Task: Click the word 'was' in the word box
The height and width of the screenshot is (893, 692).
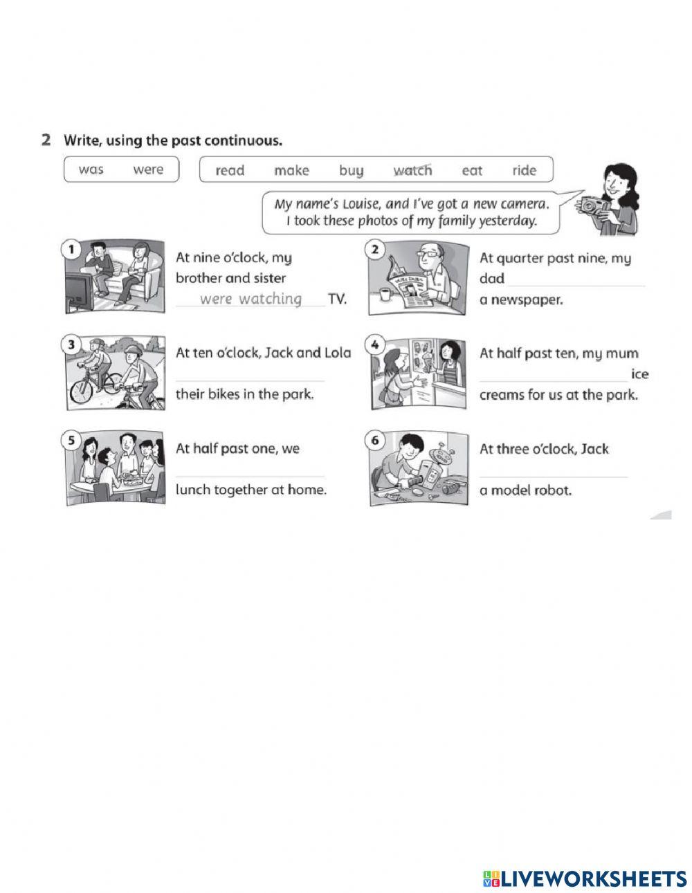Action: pyautogui.click(x=91, y=169)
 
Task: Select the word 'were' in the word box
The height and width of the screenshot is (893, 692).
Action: pyautogui.click(x=148, y=169)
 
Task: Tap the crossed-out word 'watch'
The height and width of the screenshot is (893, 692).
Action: pyautogui.click(x=412, y=170)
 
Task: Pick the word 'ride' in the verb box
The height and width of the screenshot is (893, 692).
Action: pyautogui.click(x=524, y=170)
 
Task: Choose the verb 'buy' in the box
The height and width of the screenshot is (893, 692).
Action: pyautogui.click(x=351, y=170)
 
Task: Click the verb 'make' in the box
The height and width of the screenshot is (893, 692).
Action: pyautogui.click(x=291, y=170)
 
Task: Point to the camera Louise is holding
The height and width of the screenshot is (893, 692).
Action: pyautogui.click(x=592, y=205)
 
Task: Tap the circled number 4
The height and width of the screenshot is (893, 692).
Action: pyautogui.click(x=374, y=344)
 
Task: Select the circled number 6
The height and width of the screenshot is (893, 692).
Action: pyautogui.click(x=374, y=440)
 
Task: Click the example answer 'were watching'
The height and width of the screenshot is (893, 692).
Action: pyautogui.click(x=251, y=299)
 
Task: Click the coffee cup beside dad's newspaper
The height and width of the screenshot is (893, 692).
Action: pyautogui.click(x=384, y=295)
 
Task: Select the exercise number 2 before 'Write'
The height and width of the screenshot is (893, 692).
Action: pyautogui.click(x=46, y=140)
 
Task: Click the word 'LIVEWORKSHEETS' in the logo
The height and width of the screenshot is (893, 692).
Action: pyautogui.click(x=594, y=878)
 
